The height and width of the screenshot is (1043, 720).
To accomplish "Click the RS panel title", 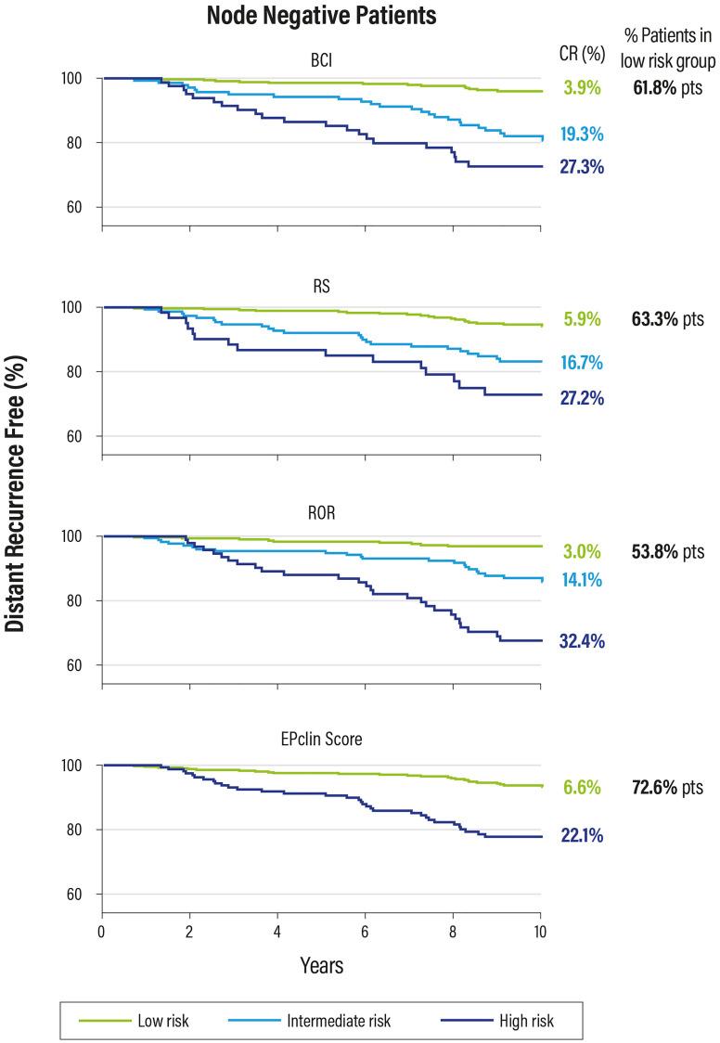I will [321, 286].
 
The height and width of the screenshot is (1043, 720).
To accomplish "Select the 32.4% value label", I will [582, 641].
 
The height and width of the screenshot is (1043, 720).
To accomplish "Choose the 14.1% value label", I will [582, 581].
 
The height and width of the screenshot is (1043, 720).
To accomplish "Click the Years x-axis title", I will [321, 966].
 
